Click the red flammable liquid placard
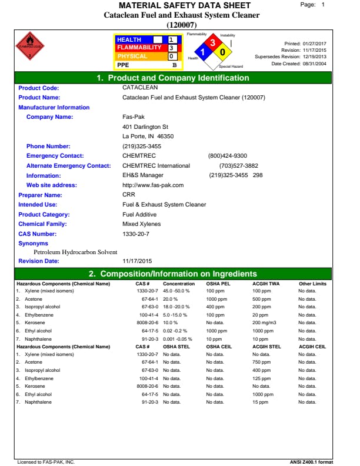29,45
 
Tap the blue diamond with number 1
204,52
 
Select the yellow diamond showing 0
222,52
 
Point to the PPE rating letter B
174,65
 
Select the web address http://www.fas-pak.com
153,185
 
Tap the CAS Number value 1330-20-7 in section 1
136,234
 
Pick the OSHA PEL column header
218,284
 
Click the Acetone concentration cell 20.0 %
171,298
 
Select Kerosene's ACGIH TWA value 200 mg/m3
265,322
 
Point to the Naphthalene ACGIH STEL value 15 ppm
261,402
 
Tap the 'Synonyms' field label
33,244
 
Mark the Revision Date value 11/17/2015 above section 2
137,261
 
